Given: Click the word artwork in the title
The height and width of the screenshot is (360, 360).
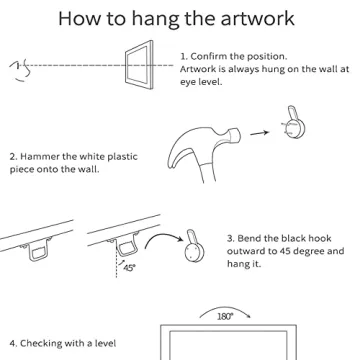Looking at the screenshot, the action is pos(258,19).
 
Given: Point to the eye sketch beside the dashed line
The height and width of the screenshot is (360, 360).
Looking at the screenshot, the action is pos(20,71).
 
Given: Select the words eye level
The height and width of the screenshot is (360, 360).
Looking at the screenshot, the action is pos(201,82).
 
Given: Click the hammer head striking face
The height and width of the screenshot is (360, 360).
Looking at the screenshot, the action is pos(236,135).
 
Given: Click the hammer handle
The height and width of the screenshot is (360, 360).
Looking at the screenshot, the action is pos(208,172).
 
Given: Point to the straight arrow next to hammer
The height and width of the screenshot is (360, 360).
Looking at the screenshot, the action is pos(259,133).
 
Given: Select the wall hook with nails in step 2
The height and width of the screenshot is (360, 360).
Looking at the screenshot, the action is pos(295,123).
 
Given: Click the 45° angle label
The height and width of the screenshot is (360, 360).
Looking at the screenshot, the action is pos(129,267).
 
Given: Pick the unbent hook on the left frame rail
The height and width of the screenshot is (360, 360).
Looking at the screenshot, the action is pos(39,249).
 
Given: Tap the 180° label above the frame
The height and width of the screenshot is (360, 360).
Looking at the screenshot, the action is pos(224,316).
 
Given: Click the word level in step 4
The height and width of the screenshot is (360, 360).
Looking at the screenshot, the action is pos(105,343).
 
